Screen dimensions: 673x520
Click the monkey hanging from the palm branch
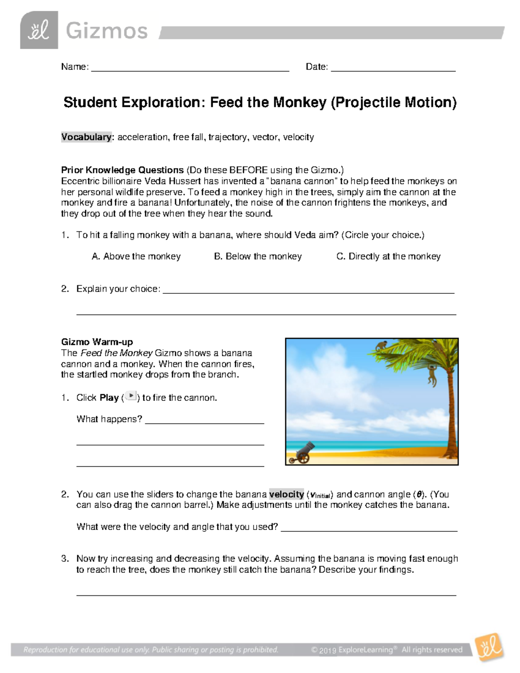[432, 375]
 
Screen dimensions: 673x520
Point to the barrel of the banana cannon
[309, 448]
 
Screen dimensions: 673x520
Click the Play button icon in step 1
[131, 396]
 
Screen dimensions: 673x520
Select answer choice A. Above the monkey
[136, 257]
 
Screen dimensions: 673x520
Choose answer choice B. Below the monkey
[258, 257]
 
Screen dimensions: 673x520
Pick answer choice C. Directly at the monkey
[388, 257]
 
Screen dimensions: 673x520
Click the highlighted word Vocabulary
[86, 137]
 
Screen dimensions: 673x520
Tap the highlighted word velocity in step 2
[286, 494]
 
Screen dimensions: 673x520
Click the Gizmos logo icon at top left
[39, 30]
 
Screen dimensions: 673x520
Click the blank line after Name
[190, 67]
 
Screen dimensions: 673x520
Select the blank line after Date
[393, 67]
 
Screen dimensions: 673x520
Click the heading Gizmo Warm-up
[97, 342]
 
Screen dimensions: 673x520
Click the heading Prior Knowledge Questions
[123, 170]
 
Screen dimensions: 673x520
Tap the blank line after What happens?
[205, 419]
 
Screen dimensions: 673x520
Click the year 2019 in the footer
[328, 650]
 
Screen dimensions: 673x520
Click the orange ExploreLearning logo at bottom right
[490, 647]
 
